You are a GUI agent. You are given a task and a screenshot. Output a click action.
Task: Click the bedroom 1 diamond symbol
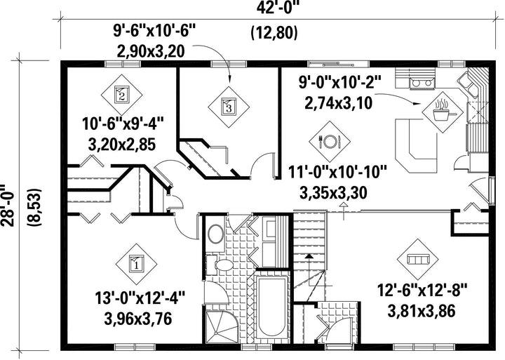point(136,264)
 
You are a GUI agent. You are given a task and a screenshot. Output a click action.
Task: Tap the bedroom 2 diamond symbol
point(121,95)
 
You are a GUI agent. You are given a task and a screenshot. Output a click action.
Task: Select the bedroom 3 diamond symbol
point(229,107)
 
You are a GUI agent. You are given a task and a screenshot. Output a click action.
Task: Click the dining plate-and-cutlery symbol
point(330,142)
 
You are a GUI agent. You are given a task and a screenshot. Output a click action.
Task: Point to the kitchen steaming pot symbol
point(443,112)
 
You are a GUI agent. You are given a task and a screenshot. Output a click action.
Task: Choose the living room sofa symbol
point(417,260)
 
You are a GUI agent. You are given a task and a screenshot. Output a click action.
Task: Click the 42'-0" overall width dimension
point(278,8)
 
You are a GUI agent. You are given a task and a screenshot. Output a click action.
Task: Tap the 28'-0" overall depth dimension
point(8,206)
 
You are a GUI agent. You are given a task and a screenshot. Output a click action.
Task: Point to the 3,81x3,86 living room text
point(422,312)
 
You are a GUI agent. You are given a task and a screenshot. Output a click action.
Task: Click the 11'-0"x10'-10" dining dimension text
point(337,173)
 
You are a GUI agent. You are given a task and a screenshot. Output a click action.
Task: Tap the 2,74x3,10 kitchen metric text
point(339,103)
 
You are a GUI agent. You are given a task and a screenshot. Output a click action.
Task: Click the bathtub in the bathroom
point(272,308)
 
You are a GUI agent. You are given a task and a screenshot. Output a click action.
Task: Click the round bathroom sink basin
point(216,234)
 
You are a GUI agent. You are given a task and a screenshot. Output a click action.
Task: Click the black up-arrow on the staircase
point(309,256)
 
